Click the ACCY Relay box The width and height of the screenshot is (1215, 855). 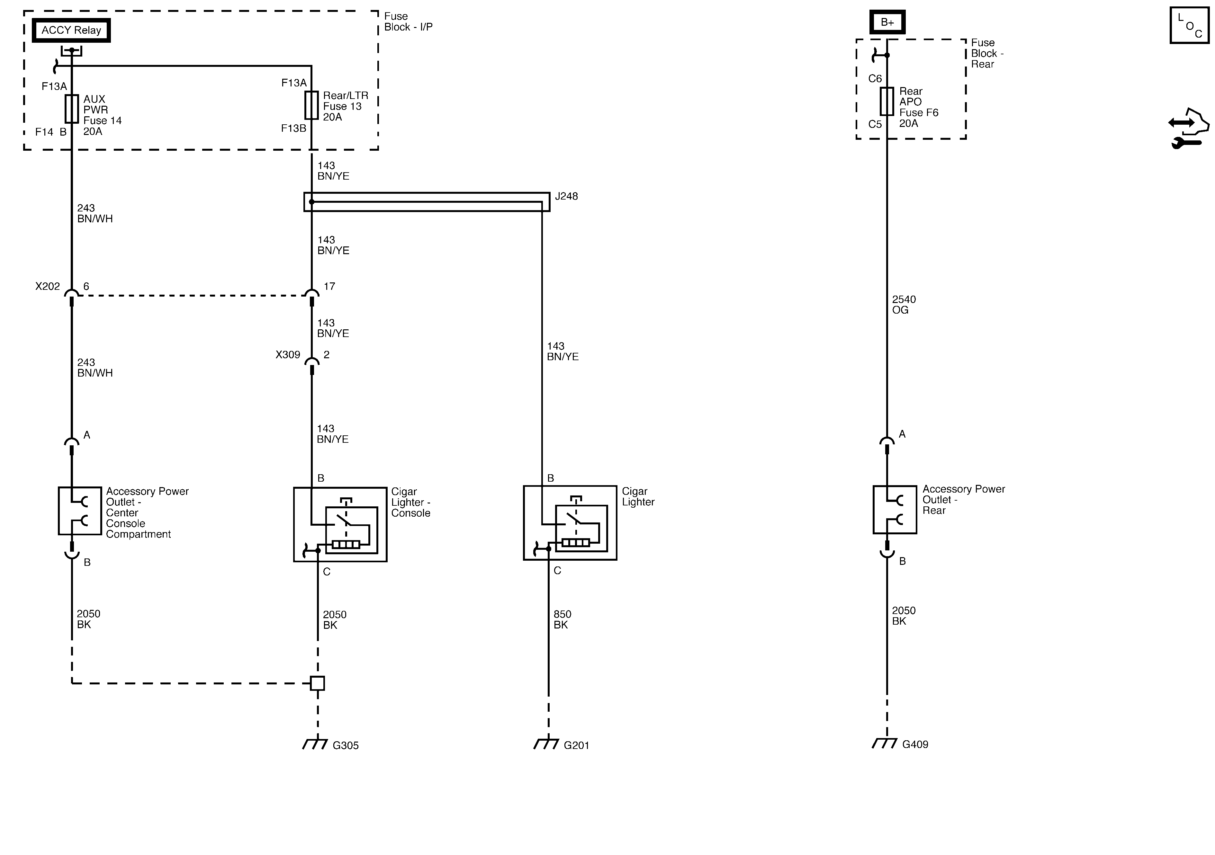coord(71,30)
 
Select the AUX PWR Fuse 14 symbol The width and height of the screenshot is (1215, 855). coord(71,109)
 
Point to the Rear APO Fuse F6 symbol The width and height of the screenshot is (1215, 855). coord(887,101)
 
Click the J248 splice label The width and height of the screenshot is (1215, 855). coord(566,196)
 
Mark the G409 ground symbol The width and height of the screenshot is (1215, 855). coord(885,742)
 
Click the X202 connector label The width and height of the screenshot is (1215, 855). coord(48,287)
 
